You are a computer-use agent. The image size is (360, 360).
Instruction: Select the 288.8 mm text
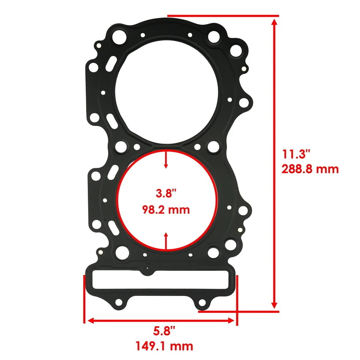310,169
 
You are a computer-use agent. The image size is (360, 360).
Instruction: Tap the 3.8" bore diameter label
166,194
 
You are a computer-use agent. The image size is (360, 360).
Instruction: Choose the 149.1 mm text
164,345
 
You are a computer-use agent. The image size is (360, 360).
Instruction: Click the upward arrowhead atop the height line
274,23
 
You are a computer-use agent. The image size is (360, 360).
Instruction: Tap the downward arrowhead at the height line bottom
274,304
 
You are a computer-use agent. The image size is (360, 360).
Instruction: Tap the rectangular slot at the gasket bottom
160,279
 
